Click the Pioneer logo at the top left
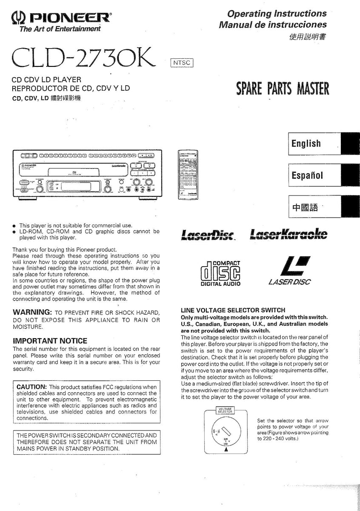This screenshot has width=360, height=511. [60, 19]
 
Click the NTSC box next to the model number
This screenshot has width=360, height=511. [182, 63]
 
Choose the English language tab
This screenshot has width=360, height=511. [306, 144]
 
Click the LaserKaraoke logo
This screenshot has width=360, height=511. [289, 234]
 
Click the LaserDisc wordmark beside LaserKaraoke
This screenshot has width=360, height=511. [208, 235]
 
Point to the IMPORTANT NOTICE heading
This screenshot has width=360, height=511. [50, 341]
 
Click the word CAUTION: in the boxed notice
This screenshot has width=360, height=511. [31, 387]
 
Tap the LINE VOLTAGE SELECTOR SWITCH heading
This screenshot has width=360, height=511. [233, 310]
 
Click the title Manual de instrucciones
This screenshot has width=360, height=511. [273, 25]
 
